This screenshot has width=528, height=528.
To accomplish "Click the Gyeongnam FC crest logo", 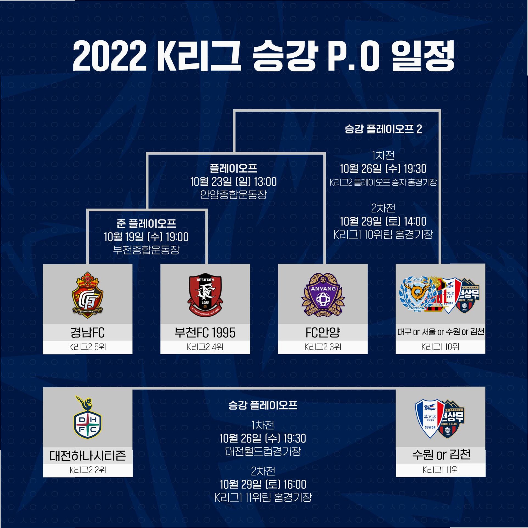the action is click(87, 295).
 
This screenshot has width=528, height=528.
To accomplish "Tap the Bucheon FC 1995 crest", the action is click(205, 295).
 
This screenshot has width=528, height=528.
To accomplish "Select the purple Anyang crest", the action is click(323, 295).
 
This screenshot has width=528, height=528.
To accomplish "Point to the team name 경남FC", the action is click(87, 333).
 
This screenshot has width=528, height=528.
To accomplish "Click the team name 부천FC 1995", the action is click(205, 333).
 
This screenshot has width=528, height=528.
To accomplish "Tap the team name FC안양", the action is click(323, 333).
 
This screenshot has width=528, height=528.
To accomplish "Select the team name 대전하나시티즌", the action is click(87, 456).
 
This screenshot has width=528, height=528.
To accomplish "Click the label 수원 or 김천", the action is click(441, 455).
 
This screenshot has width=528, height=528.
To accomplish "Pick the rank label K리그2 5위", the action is click(87, 347).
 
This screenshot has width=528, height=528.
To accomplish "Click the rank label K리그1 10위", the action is click(440, 347).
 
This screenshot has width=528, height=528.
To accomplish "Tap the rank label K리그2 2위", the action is click(87, 470).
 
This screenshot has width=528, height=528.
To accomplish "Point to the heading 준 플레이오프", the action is click(146, 224).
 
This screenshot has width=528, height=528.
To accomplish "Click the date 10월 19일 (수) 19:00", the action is click(146, 237).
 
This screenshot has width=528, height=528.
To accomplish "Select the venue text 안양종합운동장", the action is click(233, 195).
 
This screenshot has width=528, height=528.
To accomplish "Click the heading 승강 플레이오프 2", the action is click(383, 129).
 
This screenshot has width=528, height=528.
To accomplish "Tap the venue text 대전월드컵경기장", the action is click(263, 451).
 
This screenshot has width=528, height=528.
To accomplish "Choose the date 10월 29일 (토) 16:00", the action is click(263, 484).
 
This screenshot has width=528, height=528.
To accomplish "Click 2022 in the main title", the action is click(110, 56).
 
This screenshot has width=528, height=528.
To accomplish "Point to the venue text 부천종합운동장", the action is click(146, 250).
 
